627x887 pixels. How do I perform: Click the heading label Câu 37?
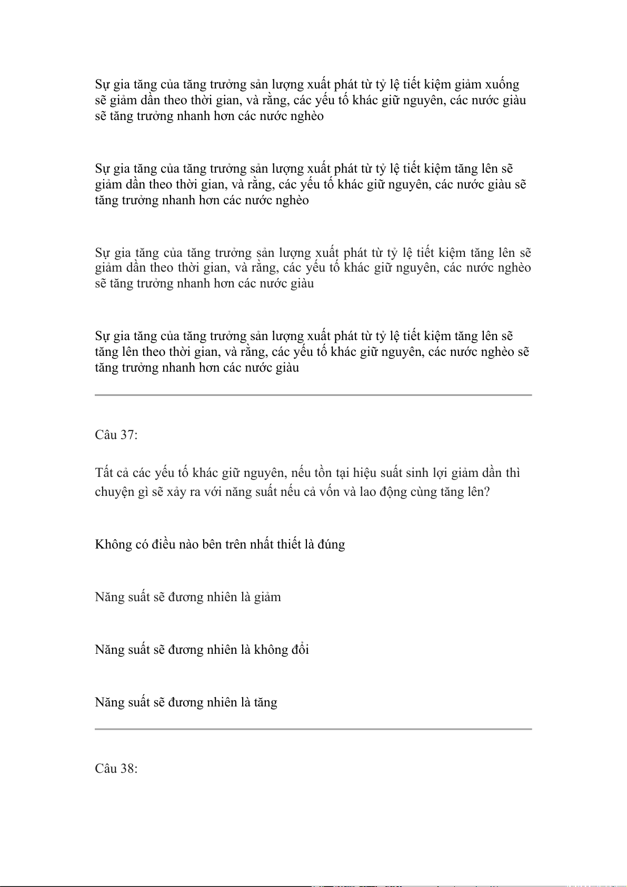coord(116,435)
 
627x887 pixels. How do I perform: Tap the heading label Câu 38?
coord(116,769)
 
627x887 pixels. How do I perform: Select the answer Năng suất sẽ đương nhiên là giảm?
coord(188,597)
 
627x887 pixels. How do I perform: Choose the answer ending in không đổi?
coord(202,650)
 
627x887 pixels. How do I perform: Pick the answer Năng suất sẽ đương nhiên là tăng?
coord(186,702)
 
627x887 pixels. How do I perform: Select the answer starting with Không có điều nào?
coord(220,544)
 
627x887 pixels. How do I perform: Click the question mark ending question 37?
coord(486,492)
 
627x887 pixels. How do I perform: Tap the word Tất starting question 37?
coord(104,473)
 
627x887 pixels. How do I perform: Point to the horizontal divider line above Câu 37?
coord(313,395)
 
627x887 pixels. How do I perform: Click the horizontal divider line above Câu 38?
coord(313,729)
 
